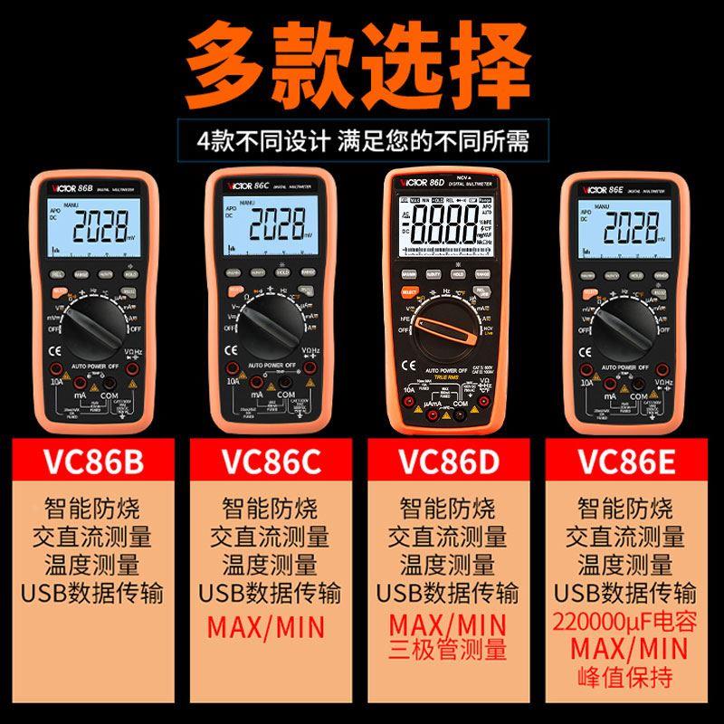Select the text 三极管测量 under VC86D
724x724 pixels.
[447, 648]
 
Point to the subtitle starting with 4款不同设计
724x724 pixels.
[362, 142]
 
